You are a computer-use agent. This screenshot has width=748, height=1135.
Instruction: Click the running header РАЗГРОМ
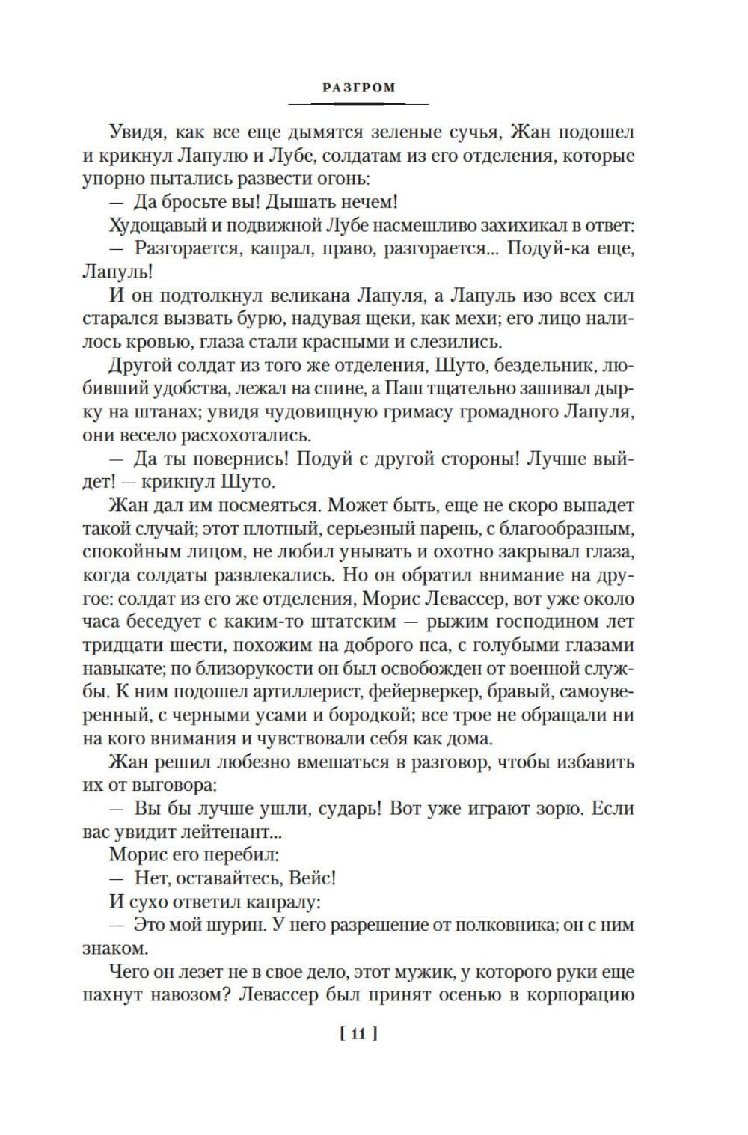(x=358, y=88)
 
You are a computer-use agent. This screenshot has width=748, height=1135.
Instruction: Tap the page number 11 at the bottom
(x=358, y=1034)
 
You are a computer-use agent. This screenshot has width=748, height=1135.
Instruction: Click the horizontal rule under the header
(x=358, y=103)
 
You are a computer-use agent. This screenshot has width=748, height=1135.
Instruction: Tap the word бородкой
(x=370, y=715)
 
